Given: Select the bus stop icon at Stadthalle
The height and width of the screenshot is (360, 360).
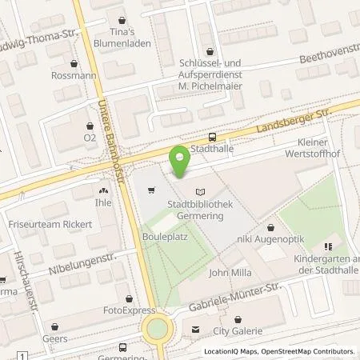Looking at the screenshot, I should click(x=212, y=137).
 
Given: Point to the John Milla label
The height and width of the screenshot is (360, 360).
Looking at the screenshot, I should click(x=230, y=274).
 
